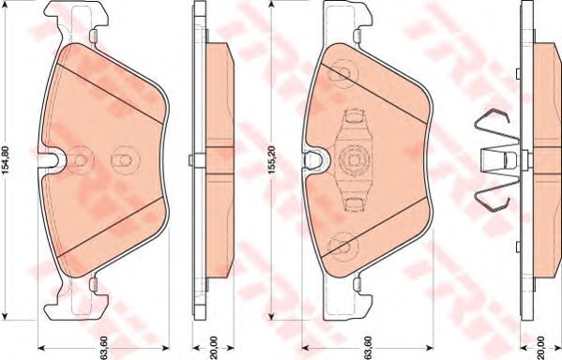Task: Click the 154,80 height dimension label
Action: [5, 160]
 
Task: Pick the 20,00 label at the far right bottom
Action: [541, 348]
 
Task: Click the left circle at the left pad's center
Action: [81, 160]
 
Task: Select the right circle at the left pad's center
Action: [126, 160]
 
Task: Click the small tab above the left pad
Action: [93, 36]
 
